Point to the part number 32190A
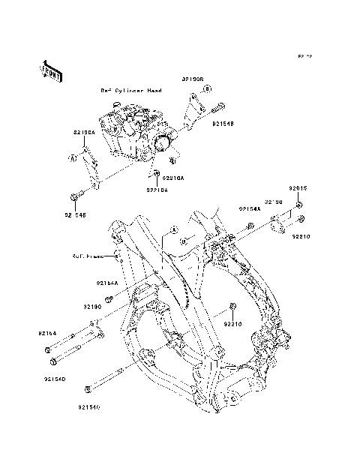pyautogui.click(x=84, y=133)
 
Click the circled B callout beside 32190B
pyautogui.click(x=208, y=88)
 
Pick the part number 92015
pyautogui.click(x=298, y=189)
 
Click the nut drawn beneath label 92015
pyautogui.click(x=298, y=204)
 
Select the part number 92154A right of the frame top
pyautogui.click(x=250, y=208)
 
